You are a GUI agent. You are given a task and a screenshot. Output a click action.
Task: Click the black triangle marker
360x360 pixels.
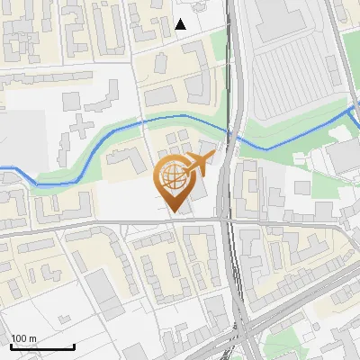pos(181,24)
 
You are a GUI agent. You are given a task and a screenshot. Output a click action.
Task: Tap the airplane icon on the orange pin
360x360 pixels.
pos(197,164)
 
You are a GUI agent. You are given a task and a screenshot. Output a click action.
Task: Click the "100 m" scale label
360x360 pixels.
pos(23,338)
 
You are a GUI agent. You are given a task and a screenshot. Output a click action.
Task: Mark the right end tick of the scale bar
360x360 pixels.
pos(74,345)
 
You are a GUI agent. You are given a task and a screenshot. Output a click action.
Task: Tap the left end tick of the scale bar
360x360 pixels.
pos(10,345)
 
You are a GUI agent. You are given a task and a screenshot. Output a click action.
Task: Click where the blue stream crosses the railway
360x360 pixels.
pos(235,134)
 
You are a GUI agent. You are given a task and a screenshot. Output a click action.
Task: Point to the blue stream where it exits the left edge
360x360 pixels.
pos(2,167)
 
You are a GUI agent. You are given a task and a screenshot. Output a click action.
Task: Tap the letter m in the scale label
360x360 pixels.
pos(31,338)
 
